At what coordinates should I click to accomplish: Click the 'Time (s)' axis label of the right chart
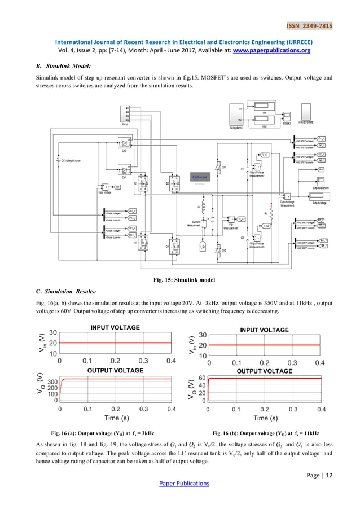(265, 418)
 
